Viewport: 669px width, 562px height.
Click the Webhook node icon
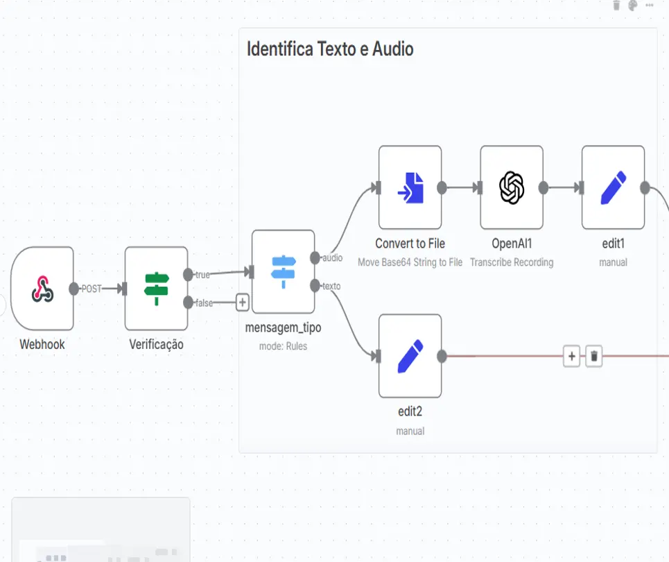(x=42, y=288)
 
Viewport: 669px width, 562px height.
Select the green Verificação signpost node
(x=156, y=288)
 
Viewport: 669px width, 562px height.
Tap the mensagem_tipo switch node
(x=283, y=271)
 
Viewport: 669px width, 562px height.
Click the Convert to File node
(x=410, y=187)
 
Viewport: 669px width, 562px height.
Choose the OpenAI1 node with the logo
(x=512, y=187)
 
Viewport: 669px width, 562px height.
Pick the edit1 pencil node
(x=613, y=187)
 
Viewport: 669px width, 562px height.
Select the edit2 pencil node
(x=410, y=356)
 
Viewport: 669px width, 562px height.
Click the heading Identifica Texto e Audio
(x=330, y=49)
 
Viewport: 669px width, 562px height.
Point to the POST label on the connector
(x=92, y=289)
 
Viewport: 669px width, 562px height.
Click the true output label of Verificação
(x=202, y=275)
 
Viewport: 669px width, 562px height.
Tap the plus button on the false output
(x=242, y=303)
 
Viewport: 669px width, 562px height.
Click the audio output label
(x=333, y=258)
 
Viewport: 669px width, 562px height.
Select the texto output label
(x=331, y=286)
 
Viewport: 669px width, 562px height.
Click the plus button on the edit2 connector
(x=571, y=357)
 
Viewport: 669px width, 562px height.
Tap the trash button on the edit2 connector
(x=594, y=357)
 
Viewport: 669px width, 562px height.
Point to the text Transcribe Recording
(x=512, y=262)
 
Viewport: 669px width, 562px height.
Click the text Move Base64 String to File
(x=410, y=262)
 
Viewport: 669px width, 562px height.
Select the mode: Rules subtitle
(x=283, y=346)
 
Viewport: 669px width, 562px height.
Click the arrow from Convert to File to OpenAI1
(x=461, y=187)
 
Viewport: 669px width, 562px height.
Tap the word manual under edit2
(x=410, y=431)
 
